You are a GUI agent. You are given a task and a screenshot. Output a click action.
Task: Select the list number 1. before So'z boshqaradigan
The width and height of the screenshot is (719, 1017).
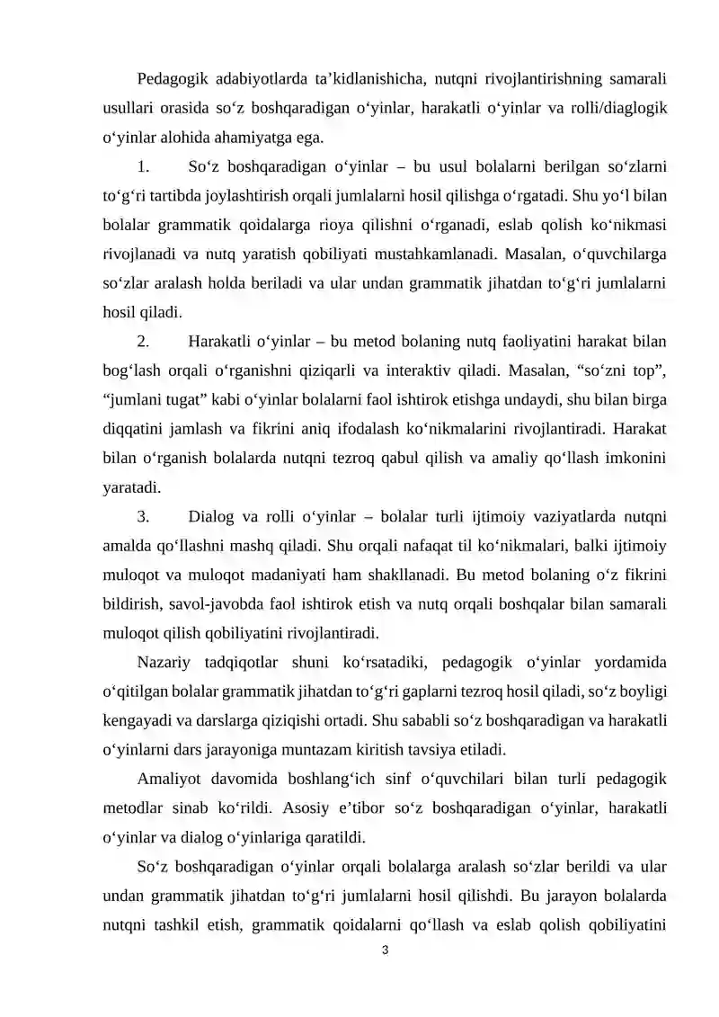click(x=144, y=166)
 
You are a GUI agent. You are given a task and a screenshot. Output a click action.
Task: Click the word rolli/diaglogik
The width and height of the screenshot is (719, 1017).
click(x=622, y=108)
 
